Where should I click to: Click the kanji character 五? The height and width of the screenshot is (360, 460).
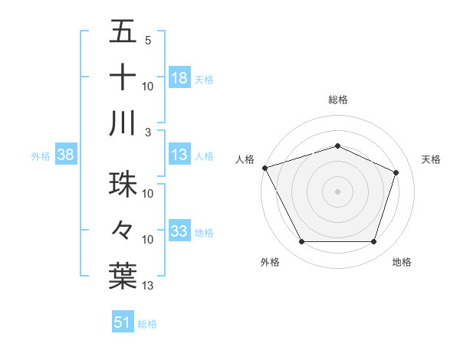tap(123, 32)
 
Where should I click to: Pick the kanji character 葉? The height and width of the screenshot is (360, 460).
tap(123, 277)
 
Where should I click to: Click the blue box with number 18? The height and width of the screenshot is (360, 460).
tap(179, 78)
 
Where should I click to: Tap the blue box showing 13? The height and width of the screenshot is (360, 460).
tap(179, 155)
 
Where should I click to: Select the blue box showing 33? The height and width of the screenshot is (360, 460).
tap(179, 231)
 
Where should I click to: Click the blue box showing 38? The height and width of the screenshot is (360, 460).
tap(65, 155)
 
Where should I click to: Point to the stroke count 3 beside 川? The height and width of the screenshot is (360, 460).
tap(147, 132)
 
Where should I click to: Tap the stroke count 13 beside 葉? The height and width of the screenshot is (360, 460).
tap(149, 286)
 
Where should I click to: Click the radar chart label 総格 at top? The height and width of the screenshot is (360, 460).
tap(337, 100)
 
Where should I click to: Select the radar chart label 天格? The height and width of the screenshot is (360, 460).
tap(432, 159)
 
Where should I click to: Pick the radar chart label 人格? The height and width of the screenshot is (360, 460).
tap(245, 159)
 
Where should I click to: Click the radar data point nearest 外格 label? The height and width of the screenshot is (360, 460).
tap(301, 242)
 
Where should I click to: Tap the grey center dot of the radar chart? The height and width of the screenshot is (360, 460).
tap(337, 191)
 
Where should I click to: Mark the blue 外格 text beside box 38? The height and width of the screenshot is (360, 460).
tap(41, 156)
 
